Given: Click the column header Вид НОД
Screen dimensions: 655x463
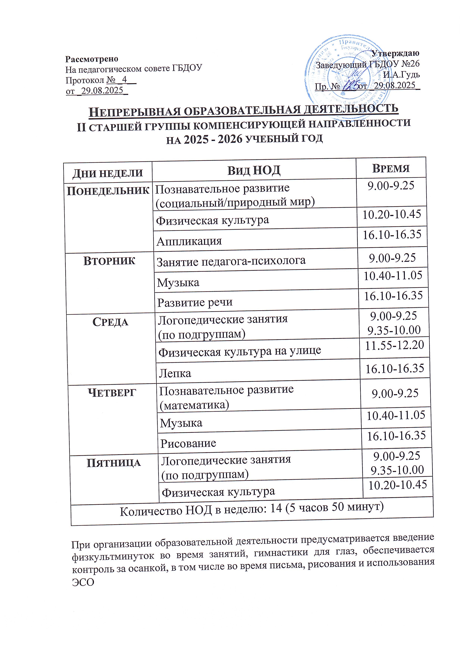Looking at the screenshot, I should click(254, 171).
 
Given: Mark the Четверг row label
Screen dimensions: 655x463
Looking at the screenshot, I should click(112, 393).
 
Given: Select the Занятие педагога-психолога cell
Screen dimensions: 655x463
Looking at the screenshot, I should click(231, 261).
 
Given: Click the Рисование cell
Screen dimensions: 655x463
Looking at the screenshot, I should click(188, 443).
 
